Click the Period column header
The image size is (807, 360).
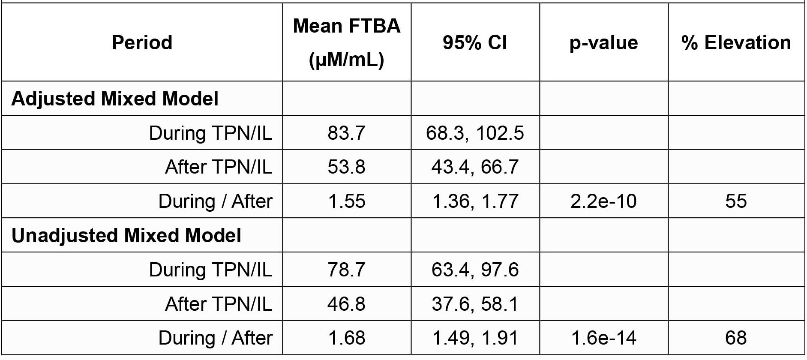(142, 42)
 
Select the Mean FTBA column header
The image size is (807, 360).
(346, 42)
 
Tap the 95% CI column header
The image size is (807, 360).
(475, 42)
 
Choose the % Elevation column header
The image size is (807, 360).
(736, 42)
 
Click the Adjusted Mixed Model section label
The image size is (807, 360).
(115, 99)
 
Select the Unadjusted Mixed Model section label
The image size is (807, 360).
(126, 235)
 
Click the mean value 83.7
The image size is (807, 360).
(346, 133)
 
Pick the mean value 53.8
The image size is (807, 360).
(346, 167)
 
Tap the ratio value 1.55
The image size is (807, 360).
(346, 201)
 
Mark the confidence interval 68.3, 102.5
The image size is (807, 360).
(475, 133)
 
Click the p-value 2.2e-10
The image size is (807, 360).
(603, 201)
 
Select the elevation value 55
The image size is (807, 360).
(736, 201)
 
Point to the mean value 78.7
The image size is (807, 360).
(346, 270)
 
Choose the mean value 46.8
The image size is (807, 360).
(346, 304)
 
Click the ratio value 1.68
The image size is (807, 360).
(346, 338)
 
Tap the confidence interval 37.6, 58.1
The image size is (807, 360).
(475, 304)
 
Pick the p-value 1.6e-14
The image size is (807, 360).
(603, 338)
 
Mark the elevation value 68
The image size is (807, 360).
(736, 338)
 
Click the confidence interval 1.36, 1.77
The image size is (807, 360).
(475, 201)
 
